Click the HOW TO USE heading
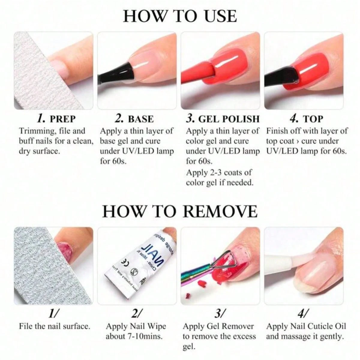(180, 16)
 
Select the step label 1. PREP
(56, 118)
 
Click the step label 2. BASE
(134, 118)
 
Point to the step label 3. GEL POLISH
(222, 118)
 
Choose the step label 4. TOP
(306, 118)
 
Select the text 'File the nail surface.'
(54, 326)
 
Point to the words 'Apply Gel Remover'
(218, 326)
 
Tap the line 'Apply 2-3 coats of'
(219, 172)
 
